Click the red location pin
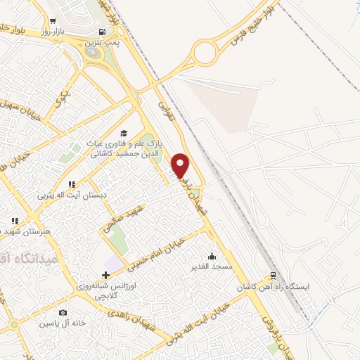click(x=181, y=165)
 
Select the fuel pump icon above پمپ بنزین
click(x=103, y=32)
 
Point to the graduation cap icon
click(x=124, y=133)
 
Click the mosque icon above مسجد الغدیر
click(x=212, y=256)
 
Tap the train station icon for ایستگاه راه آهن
click(x=274, y=276)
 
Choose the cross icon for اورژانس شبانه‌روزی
click(x=105, y=275)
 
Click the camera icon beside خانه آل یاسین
click(x=63, y=313)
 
